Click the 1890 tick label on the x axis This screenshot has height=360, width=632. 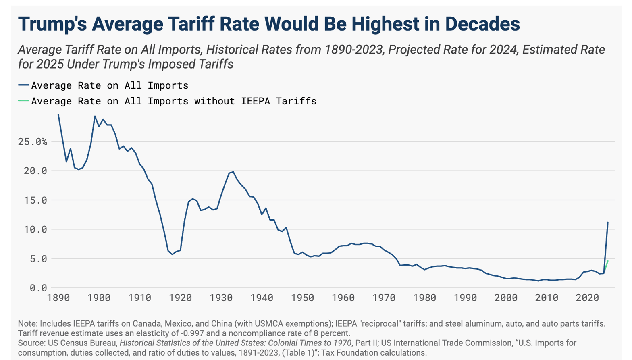point(58,298)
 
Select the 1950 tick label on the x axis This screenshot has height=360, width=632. point(302,298)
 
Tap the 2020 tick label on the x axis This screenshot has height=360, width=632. point(587,298)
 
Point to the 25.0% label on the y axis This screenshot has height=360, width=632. point(33,142)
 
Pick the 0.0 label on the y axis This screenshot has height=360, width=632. point(38,288)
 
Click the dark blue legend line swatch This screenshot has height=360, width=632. point(23,85)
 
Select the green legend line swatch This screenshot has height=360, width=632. point(23,101)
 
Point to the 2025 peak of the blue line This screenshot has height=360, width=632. point(608,222)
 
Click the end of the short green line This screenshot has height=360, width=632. point(608,261)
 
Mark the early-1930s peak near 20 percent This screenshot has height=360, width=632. point(233,172)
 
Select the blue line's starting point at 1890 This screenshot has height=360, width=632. point(58,114)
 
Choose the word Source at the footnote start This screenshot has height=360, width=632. point(31,343)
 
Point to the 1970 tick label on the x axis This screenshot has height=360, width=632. point(384,298)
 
